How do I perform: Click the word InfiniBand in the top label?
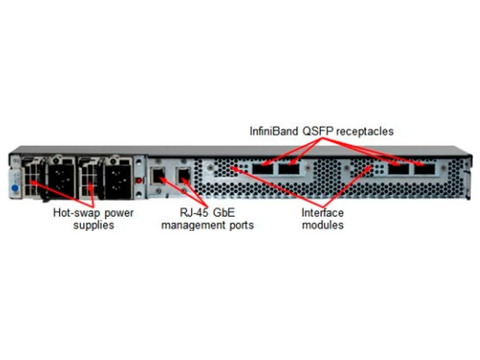[274, 131]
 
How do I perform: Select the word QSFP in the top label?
[317, 131]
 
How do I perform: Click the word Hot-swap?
[72, 212]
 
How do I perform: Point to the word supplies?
[94, 224]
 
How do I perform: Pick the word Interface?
[322, 212]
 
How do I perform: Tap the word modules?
[322, 224]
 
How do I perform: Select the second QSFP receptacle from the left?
[290, 171]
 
